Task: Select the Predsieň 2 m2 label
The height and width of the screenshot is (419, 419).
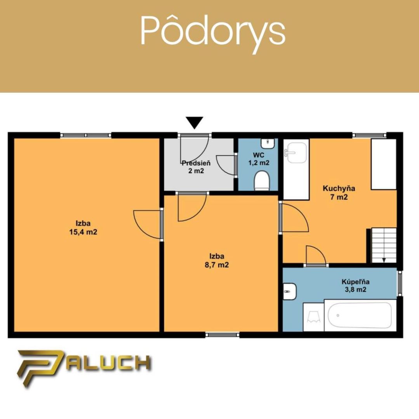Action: click(x=196, y=167)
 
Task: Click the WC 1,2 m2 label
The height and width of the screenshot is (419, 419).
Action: click(x=259, y=159)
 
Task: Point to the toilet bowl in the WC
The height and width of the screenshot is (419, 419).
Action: click(x=261, y=181)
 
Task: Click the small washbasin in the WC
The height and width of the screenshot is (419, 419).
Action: click(x=268, y=144)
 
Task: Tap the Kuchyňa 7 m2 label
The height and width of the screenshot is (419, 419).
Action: click(x=339, y=193)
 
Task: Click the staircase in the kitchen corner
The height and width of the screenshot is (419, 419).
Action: click(x=384, y=245)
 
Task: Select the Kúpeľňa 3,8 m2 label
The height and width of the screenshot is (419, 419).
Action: click(x=355, y=286)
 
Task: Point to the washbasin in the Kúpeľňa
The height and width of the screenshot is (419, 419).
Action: click(x=290, y=291)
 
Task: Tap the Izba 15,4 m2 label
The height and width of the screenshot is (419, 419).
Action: click(x=83, y=227)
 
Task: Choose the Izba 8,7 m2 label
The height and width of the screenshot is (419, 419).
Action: click(x=217, y=261)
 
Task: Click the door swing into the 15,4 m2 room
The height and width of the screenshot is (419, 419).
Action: click(x=148, y=225)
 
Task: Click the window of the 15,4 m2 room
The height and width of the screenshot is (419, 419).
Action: click(x=85, y=135)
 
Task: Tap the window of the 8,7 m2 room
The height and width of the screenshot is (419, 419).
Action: click(x=223, y=334)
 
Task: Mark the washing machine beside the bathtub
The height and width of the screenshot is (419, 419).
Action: click(x=313, y=317)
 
